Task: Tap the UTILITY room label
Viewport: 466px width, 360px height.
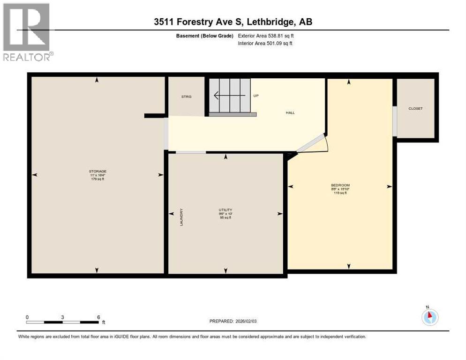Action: [x=225, y=210]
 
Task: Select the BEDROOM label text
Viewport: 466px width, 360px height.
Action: [x=340, y=185]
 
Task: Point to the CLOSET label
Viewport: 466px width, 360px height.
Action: [x=415, y=108]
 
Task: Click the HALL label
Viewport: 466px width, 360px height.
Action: [x=290, y=112]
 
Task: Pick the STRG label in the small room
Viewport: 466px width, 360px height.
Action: [x=187, y=97]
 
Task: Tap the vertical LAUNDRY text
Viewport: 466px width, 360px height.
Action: [x=180, y=217]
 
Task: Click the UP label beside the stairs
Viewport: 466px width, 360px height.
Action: [x=256, y=96]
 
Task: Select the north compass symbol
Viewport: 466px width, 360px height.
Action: [x=429, y=317]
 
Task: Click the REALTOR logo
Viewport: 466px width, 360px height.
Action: [x=27, y=32]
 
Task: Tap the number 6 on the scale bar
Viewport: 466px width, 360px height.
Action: [x=98, y=317]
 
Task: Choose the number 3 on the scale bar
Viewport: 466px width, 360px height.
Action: [x=62, y=317]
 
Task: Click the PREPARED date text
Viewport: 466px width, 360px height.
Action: [x=233, y=321]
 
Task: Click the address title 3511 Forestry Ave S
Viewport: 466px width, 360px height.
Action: [x=233, y=22]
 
